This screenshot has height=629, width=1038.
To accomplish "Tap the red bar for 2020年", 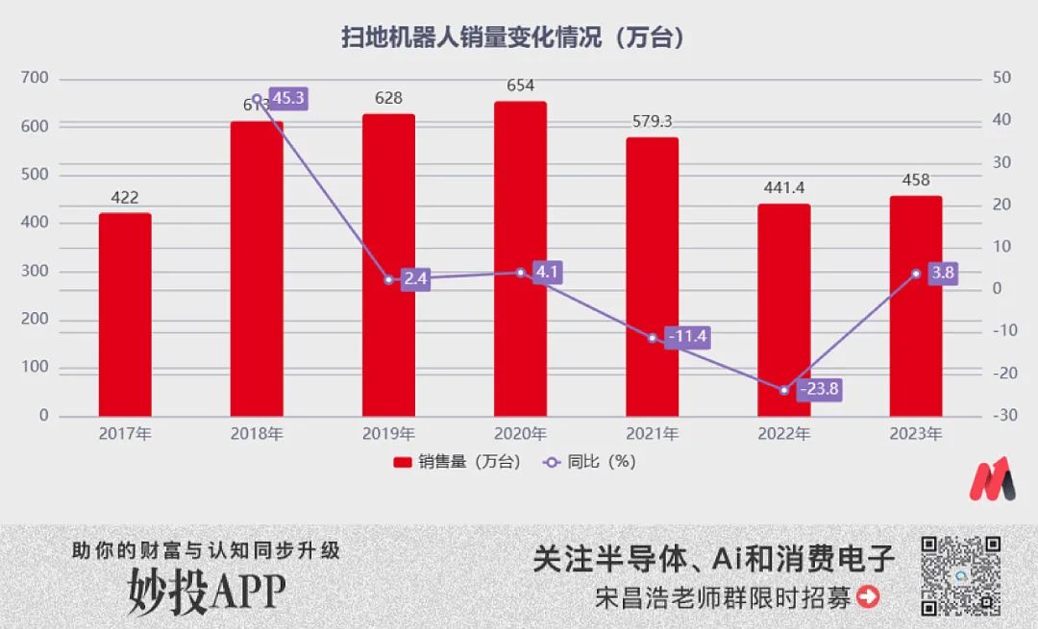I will point(520,258).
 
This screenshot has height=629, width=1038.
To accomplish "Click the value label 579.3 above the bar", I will point(653,122).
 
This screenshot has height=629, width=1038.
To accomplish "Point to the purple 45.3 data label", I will point(287,98).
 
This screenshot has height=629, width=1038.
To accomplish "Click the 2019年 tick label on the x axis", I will point(389,434).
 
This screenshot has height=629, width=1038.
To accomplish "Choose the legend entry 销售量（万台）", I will point(457,462).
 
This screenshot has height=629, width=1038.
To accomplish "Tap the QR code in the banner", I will point(961,575).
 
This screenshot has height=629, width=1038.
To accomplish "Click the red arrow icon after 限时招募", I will point(868,597).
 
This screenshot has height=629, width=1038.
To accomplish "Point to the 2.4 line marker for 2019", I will point(389,280).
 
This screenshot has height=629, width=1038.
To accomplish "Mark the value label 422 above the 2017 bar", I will point(125,198).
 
